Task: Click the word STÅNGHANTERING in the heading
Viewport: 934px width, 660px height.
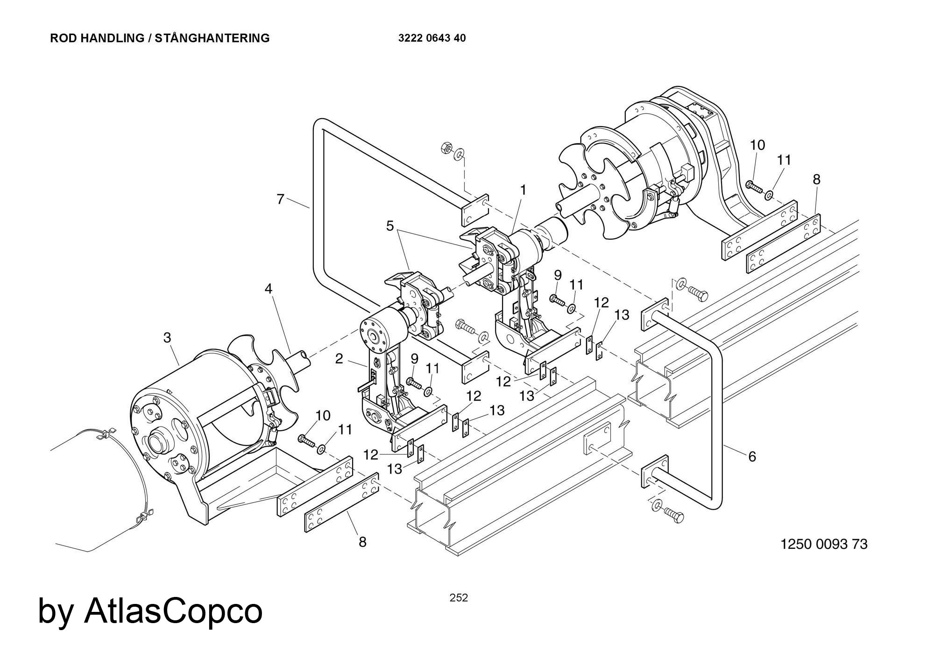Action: (212, 38)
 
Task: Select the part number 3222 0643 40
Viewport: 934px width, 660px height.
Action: (432, 38)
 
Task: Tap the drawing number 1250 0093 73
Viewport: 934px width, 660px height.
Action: (824, 544)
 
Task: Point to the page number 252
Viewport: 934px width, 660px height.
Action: (459, 598)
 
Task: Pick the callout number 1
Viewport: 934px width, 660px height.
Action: (523, 190)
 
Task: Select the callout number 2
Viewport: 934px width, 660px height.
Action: (339, 359)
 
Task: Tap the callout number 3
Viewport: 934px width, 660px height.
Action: (167, 337)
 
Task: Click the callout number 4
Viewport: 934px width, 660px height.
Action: (268, 289)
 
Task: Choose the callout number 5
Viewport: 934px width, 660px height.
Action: (390, 226)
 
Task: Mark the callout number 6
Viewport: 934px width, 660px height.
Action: (752, 457)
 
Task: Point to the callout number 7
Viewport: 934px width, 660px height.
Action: (280, 199)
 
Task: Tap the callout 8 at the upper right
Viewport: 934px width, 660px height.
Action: (816, 179)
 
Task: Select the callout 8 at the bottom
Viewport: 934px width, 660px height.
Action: (362, 542)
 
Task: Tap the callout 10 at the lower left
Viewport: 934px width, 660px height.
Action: (323, 415)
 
